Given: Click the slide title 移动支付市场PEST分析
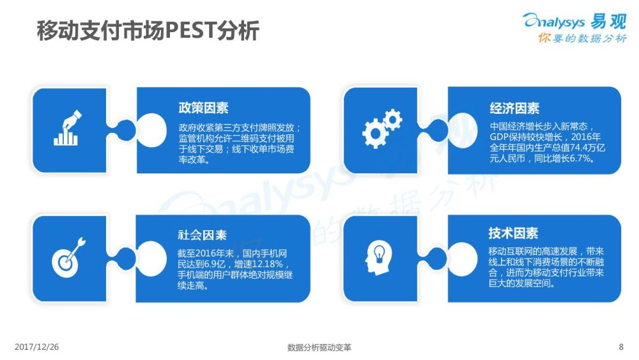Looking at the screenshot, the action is click(x=148, y=31).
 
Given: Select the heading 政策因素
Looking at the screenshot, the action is click(x=203, y=107).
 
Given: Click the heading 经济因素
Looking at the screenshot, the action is click(x=514, y=108).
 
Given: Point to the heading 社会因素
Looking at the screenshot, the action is click(x=202, y=235).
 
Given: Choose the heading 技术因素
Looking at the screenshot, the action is click(x=514, y=233).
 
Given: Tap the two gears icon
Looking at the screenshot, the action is click(x=382, y=128).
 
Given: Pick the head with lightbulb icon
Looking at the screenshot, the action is click(x=379, y=257).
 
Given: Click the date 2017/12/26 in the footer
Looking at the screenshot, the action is click(x=36, y=347).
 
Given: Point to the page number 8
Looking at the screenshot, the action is click(x=621, y=347).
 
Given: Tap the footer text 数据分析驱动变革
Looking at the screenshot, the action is click(x=319, y=347).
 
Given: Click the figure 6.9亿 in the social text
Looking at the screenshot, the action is click(x=214, y=264).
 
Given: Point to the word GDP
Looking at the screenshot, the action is click(x=498, y=137).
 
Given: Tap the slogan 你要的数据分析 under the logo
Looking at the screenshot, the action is click(x=582, y=38).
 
